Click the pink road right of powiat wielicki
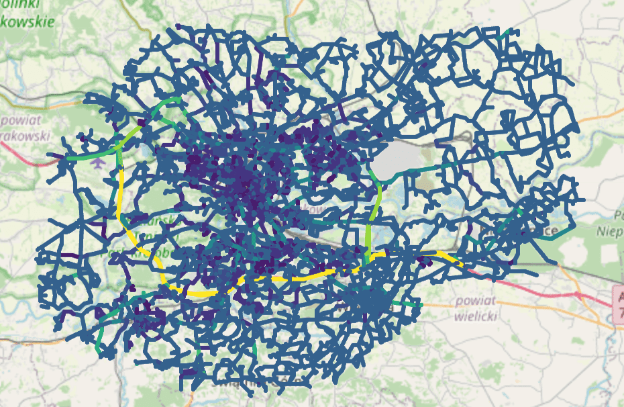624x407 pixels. [550, 289]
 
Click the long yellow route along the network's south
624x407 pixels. [282, 277]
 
